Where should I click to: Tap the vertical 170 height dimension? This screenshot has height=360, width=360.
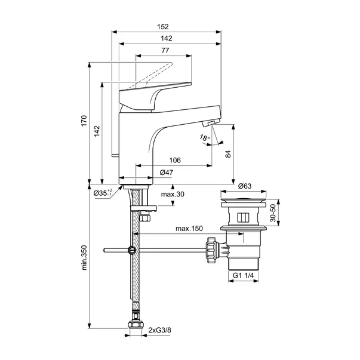pyautogui.click(x=85, y=122)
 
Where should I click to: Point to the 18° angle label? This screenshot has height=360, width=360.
pyautogui.click(x=189, y=139)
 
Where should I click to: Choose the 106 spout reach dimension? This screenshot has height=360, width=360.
pyautogui.click(x=175, y=161)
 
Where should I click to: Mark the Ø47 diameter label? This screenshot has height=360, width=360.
pyautogui.click(x=167, y=172)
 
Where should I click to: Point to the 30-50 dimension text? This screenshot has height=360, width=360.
pyautogui.click(x=273, y=213)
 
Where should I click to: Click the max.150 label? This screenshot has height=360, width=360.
pyautogui.click(x=188, y=229)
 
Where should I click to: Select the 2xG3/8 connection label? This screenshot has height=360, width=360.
pyautogui.click(x=160, y=330)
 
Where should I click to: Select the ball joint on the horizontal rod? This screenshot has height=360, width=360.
pyautogui.click(x=131, y=250)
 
